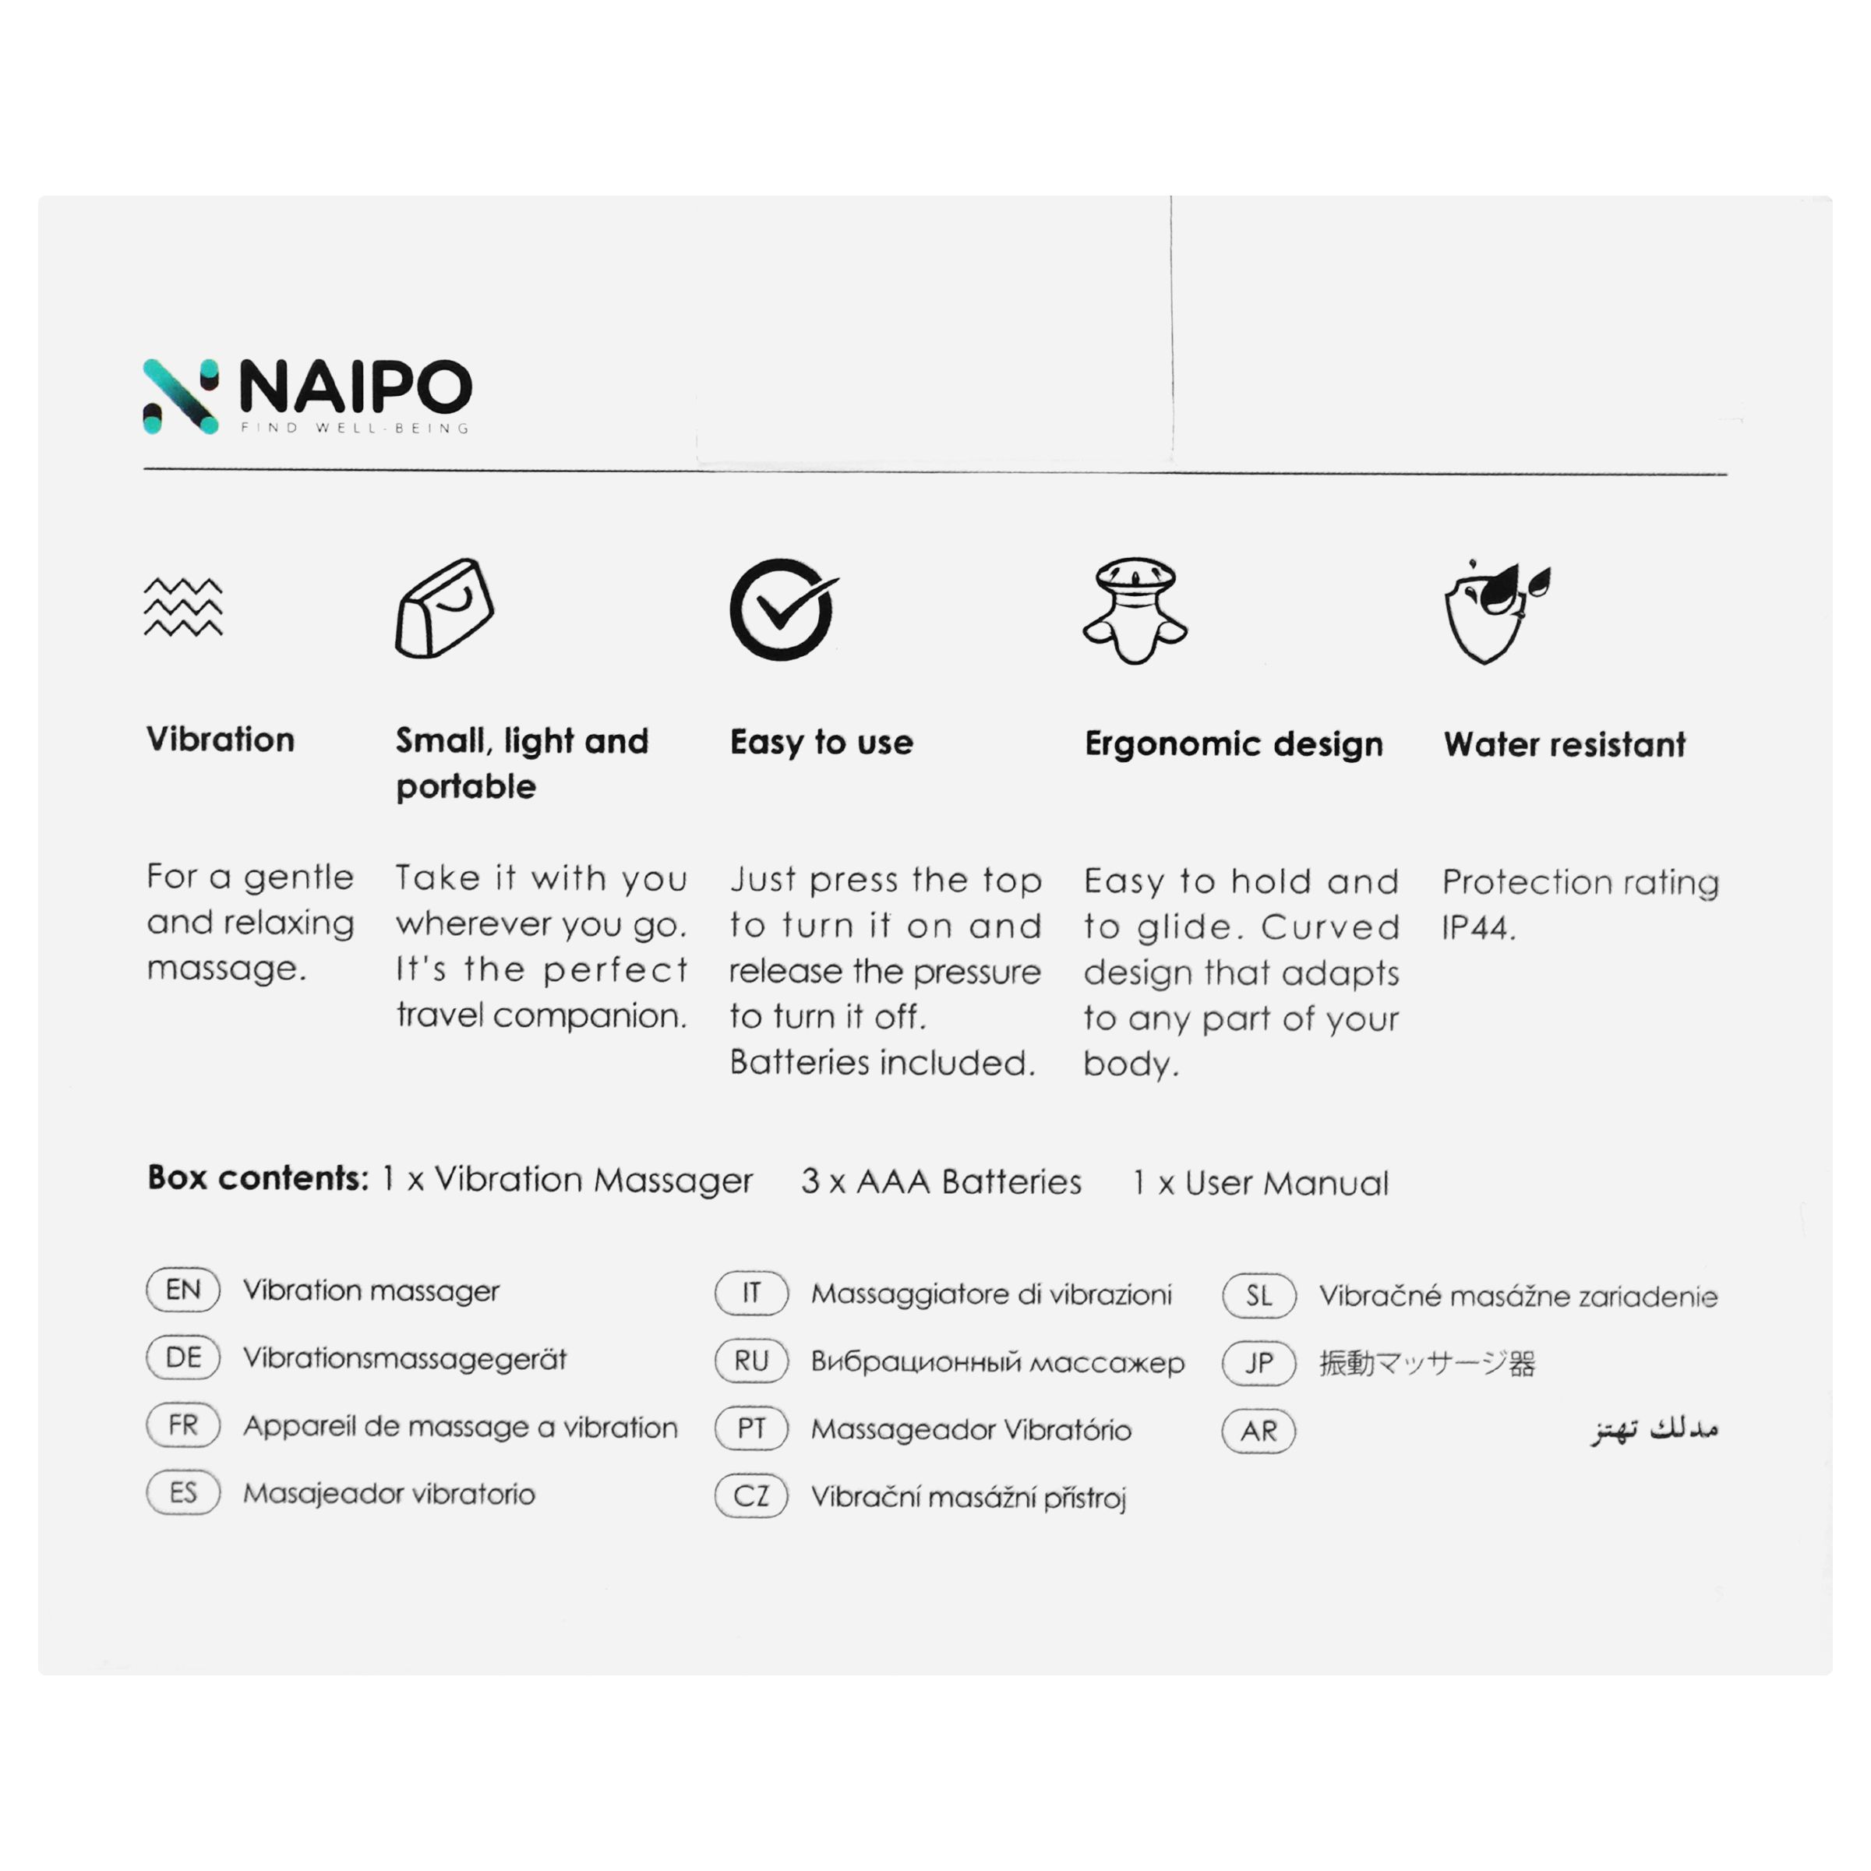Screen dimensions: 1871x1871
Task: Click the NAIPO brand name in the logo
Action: point(355,387)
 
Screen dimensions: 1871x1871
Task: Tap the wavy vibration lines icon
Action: point(183,607)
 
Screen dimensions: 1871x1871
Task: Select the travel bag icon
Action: point(444,608)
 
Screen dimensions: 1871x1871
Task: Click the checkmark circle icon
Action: point(782,609)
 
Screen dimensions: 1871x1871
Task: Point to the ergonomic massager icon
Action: point(1135,611)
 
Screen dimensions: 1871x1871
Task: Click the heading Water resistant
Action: point(1564,745)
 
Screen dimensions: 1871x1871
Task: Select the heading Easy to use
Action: point(821,743)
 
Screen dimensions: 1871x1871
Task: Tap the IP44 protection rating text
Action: point(1477,928)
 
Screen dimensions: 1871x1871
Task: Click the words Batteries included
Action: point(882,1062)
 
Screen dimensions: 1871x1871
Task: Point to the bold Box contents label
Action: point(258,1178)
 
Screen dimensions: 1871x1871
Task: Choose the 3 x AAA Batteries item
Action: point(941,1181)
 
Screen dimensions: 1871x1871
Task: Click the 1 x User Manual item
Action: point(1260,1182)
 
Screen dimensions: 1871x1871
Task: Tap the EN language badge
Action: point(183,1290)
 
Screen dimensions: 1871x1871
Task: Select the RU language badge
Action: point(751,1361)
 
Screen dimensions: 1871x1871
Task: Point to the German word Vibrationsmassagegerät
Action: point(404,1359)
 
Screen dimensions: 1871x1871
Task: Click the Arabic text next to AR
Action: point(1654,1429)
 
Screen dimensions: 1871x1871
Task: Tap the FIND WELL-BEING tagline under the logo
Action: point(355,428)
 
